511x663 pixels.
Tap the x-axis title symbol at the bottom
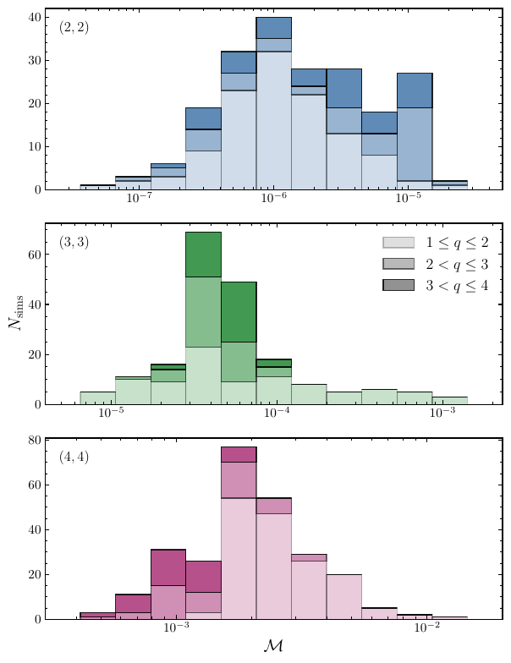(x=273, y=648)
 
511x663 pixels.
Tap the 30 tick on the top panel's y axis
(x=37, y=60)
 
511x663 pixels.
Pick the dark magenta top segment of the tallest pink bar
(x=239, y=454)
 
